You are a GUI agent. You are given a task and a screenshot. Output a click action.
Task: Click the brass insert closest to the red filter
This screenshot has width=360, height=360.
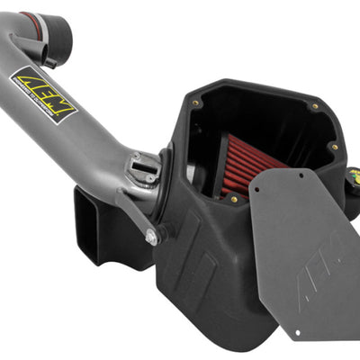point(234,199)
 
